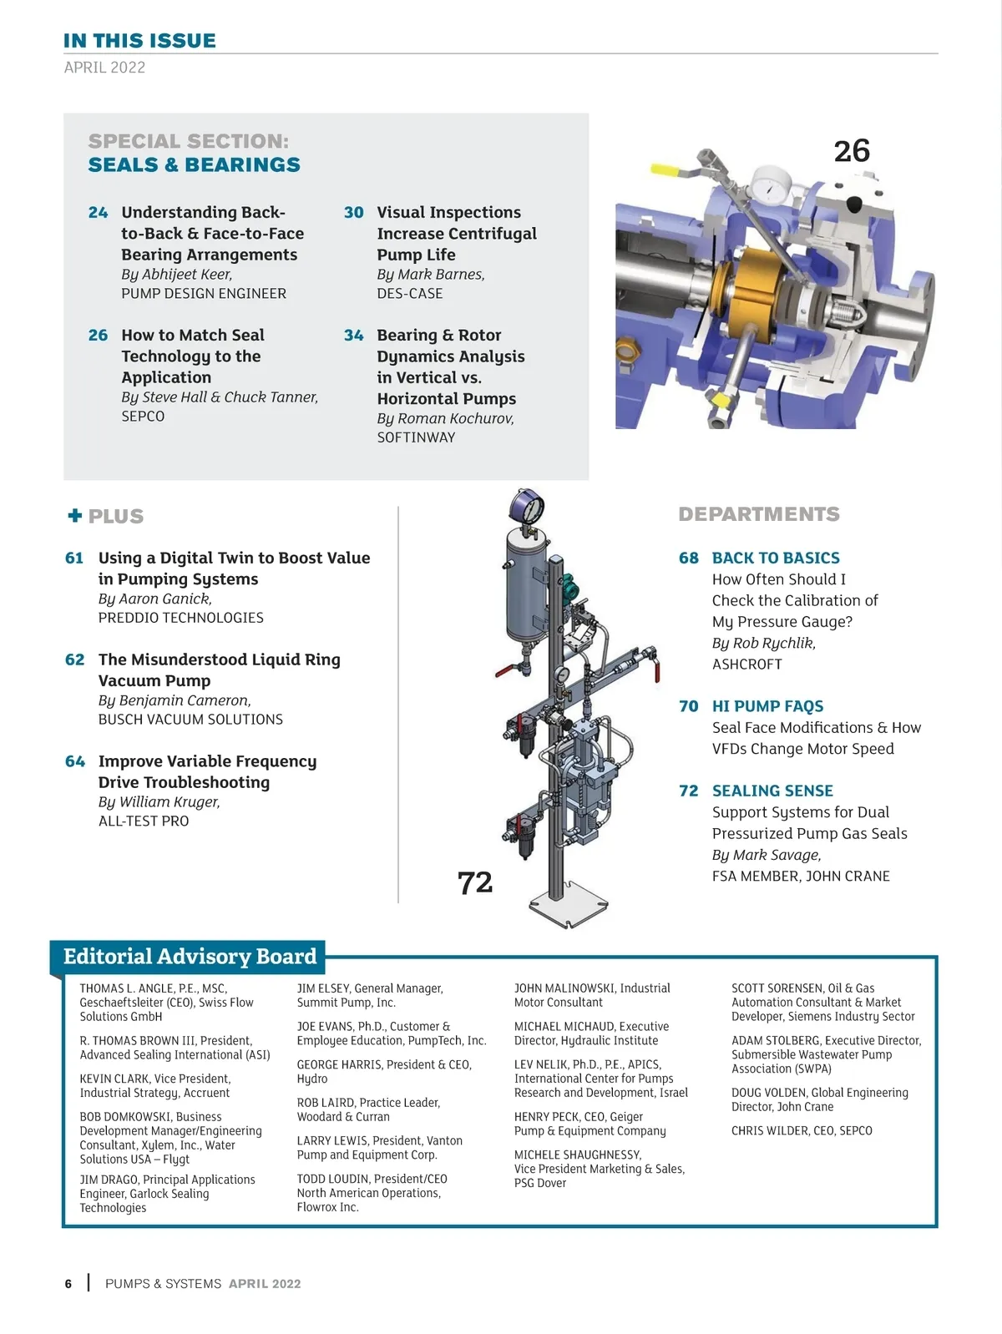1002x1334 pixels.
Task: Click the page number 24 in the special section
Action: tap(98, 213)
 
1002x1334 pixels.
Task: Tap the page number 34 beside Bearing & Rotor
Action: tap(354, 336)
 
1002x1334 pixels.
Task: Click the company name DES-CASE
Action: tap(409, 294)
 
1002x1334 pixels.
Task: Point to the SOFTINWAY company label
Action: tap(416, 437)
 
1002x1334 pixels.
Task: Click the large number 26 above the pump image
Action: tap(852, 151)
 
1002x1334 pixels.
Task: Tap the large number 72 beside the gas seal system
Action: tap(474, 882)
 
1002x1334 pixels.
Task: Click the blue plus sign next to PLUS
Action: tap(75, 515)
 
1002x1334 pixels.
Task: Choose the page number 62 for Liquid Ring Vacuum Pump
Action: tap(75, 660)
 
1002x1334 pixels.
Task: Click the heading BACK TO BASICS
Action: tap(776, 558)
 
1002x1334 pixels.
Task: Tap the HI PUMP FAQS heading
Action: tap(767, 706)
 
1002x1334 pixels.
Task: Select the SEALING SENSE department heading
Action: tap(772, 791)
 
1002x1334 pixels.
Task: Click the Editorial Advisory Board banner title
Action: tap(190, 956)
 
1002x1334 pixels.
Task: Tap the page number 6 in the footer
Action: tap(68, 1284)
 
